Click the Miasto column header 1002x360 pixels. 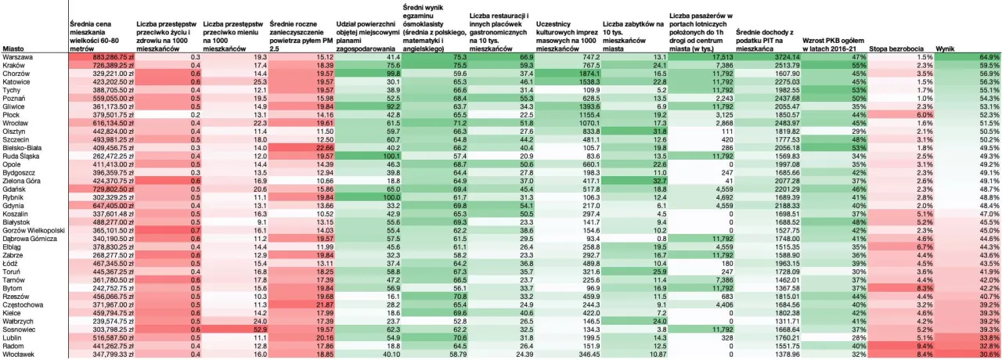coord(13,49)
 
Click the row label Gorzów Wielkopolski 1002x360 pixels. coord(32,232)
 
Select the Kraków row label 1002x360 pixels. coord(13,65)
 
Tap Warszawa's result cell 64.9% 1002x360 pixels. coord(989,57)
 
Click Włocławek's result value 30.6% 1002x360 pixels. coord(989,355)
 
